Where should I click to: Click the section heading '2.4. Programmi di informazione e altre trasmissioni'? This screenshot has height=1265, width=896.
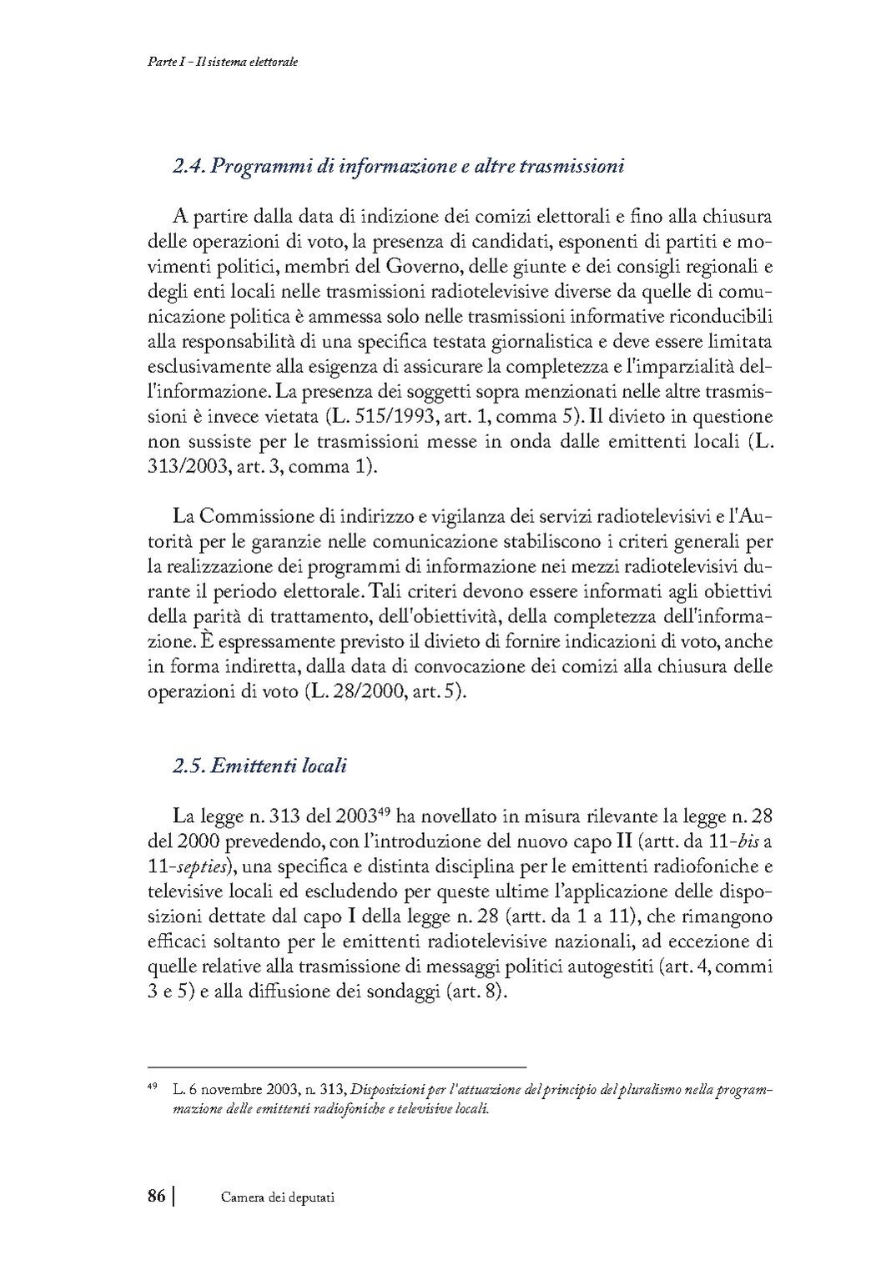click(399, 167)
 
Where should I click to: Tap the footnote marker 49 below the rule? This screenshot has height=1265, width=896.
click(153, 1086)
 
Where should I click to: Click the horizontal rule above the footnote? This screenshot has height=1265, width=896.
click(336, 1066)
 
